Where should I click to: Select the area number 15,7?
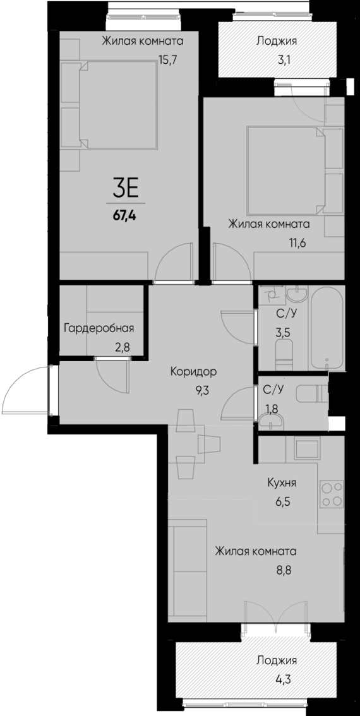coord(169,62)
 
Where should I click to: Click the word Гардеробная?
coord(99,328)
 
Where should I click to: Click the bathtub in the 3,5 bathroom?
coord(327,328)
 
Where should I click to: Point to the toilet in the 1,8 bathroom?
coord(313,395)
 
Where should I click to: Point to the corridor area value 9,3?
coord(202,390)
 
